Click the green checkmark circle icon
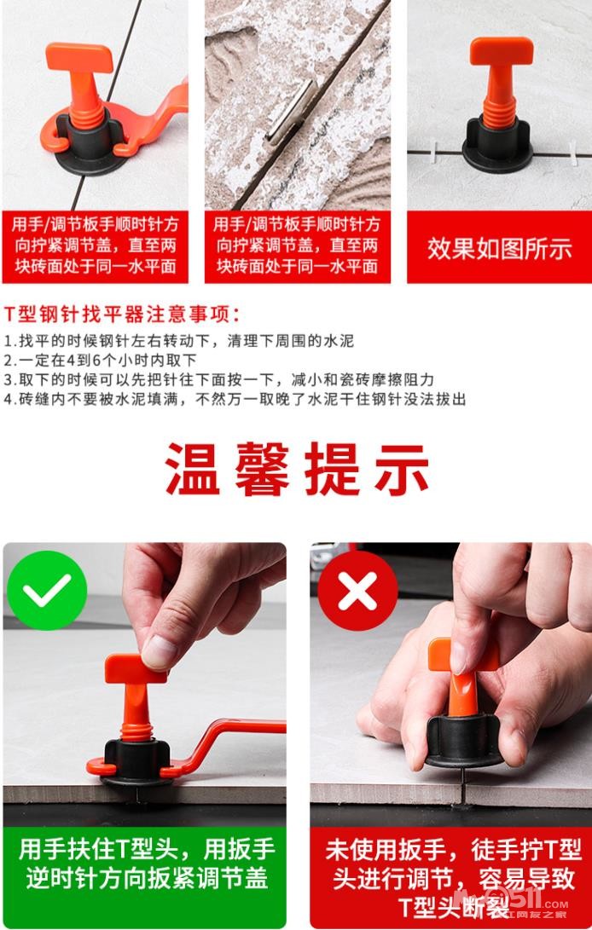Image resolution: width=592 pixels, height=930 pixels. coord(47,590)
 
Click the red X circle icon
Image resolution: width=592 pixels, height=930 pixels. coord(357,590)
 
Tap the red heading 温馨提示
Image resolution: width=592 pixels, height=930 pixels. coord(296,469)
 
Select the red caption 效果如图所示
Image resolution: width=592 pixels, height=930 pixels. coord(499,248)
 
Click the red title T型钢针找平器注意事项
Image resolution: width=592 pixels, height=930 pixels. coord(122,314)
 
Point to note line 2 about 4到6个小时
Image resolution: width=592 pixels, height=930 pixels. coord(100,360)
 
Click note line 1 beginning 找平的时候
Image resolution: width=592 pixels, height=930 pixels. coord(179,341)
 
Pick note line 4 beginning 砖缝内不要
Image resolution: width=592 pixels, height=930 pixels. coord(235,399)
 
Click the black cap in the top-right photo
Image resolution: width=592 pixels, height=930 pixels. coord(497,145)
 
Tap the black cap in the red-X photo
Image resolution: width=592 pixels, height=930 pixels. coord(463,742)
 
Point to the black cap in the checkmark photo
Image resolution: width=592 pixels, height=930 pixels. coord(136,762)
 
